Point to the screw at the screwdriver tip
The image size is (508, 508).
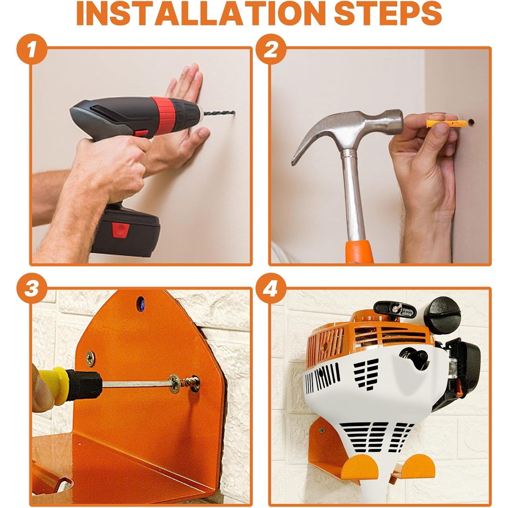coord(191,384)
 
